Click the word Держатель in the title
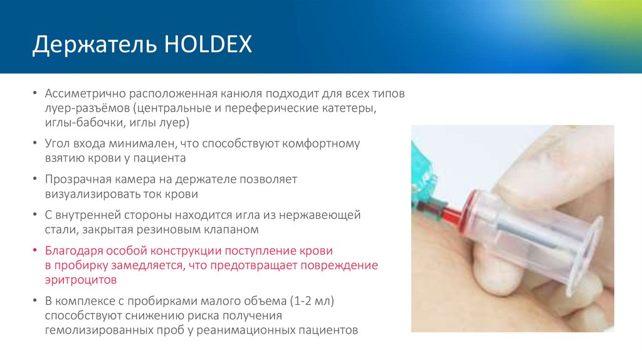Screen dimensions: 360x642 coord(93,46)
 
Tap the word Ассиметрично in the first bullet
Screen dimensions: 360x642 coord(85,94)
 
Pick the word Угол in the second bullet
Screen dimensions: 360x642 coord(58,144)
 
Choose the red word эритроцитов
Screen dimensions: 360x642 coord(81,278)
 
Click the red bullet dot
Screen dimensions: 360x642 coord(36,250)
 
